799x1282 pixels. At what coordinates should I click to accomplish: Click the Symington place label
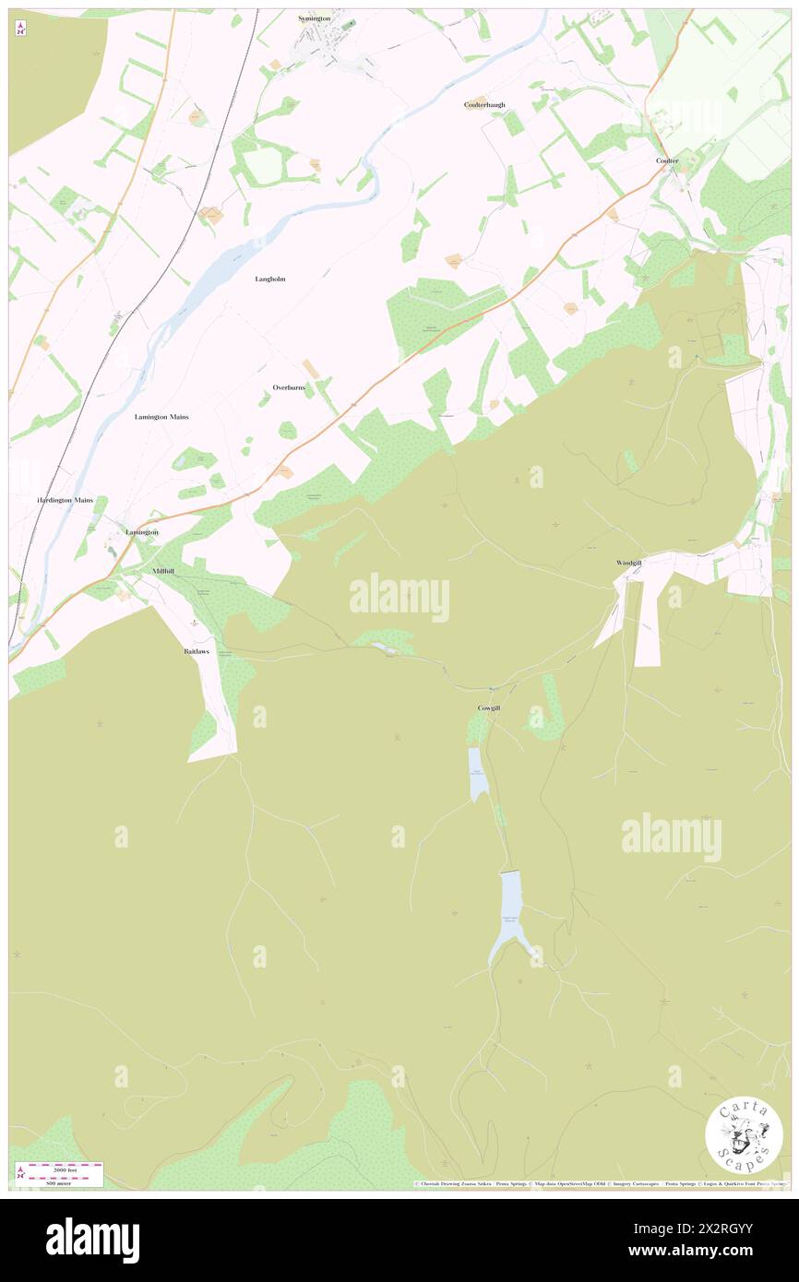tap(315, 18)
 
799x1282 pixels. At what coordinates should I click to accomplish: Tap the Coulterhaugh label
tap(484, 105)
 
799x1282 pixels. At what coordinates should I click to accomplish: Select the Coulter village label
tap(667, 160)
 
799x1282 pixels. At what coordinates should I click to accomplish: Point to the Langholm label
tap(269, 279)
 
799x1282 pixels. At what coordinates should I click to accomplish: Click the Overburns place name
tap(289, 387)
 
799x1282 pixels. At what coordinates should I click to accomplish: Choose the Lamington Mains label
tap(161, 417)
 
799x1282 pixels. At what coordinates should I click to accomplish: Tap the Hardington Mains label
tap(65, 500)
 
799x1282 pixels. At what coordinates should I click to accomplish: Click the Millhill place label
tap(162, 572)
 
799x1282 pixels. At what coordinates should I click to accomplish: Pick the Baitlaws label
tap(197, 651)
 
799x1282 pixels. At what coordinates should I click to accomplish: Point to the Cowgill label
tap(488, 707)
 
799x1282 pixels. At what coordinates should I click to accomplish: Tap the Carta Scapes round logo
tap(744, 1137)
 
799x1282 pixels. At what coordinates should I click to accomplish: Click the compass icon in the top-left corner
tap(20, 30)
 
